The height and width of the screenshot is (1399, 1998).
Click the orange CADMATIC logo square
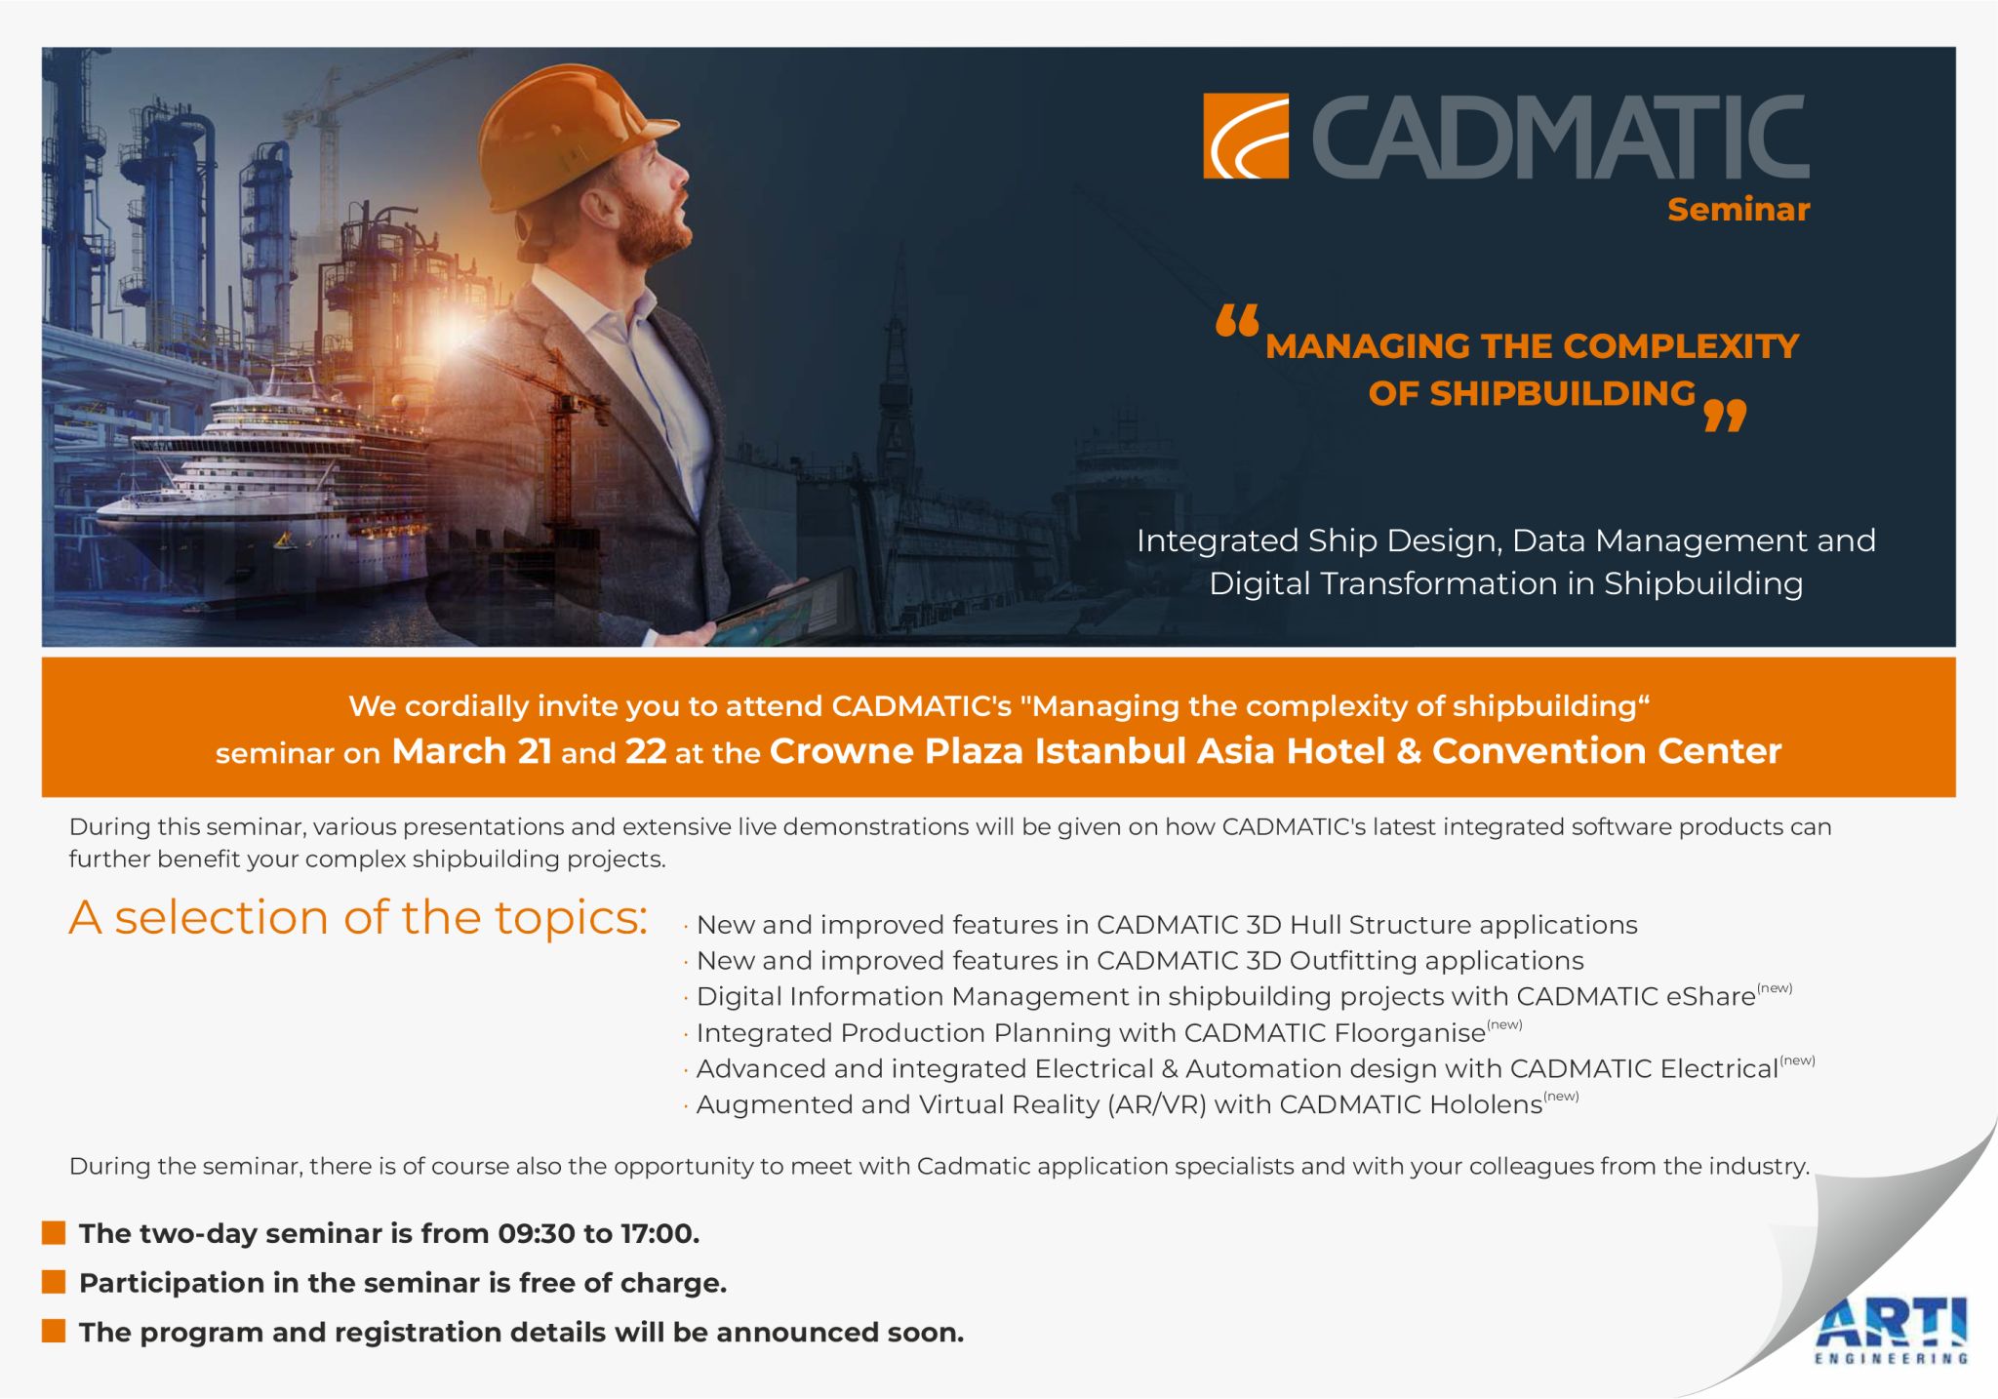pyautogui.click(x=1245, y=137)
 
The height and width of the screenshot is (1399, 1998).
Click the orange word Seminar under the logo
pyautogui.click(x=1738, y=210)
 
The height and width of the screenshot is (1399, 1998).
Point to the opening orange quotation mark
pyautogui.click(x=1237, y=321)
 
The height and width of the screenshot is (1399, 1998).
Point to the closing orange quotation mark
pyautogui.click(x=1724, y=416)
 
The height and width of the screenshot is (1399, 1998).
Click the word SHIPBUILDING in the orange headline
pyautogui.click(x=1531, y=393)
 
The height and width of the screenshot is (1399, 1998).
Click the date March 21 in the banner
pyautogui.click(x=471, y=751)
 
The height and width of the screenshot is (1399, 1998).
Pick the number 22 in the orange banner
pyautogui.click(x=646, y=751)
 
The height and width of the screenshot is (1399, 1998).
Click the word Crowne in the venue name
pyautogui.click(x=841, y=751)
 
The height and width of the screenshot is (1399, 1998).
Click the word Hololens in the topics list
pyautogui.click(x=1486, y=1104)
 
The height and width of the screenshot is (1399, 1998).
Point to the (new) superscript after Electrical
pyautogui.click(x=1797, y=1060)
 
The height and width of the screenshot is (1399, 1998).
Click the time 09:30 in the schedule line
pyautogui.click(x=536, y=1233)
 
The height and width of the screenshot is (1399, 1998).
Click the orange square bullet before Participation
pyautogui.click(x=54, y=1281)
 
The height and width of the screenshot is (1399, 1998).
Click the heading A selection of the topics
pyautogui.click(x=358, y=917)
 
